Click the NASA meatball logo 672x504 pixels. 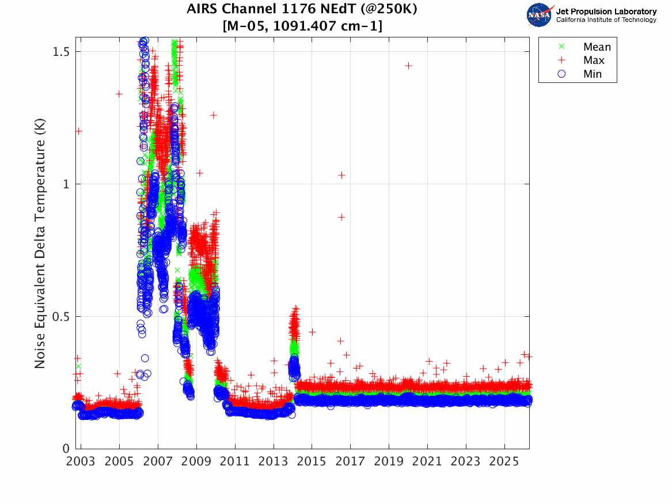click(540, 15)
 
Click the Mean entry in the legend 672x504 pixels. click(585, 47)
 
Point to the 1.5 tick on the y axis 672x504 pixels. click(61, 52)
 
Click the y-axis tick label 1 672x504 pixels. click(66, 184)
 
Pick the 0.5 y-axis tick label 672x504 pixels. click(60, 317)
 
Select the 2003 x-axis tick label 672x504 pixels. click(81, 461)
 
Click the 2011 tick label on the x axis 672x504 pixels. click(235, 461)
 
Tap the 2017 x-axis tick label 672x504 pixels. click(350, 461)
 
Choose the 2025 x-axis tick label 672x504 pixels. click(504, 461)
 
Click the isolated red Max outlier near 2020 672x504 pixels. click(408, 66)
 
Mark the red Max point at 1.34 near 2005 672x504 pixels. click(119, 94)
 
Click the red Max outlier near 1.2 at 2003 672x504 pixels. click(78, 131)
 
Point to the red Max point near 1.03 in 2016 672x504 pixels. click(341, 175)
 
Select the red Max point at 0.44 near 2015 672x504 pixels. click(312, 332)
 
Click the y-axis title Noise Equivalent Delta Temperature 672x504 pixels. click(40, 243)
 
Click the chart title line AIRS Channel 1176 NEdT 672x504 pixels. click(302, 9)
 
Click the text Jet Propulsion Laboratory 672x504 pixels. click(606, 12)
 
